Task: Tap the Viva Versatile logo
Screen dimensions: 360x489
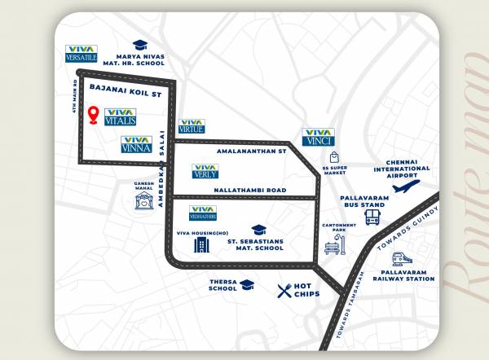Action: (81, 54)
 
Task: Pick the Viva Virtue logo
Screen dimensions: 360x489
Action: (191, 125)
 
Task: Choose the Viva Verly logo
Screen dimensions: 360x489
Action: (205, 171)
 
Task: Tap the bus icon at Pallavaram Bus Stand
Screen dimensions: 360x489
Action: (372, 217)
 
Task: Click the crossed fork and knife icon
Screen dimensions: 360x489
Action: (284, 291)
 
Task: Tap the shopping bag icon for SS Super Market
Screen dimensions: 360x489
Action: (333, 157)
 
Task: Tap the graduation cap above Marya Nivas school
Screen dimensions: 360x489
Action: (140, 45)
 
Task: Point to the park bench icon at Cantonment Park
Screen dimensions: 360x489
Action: (331, 248)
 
